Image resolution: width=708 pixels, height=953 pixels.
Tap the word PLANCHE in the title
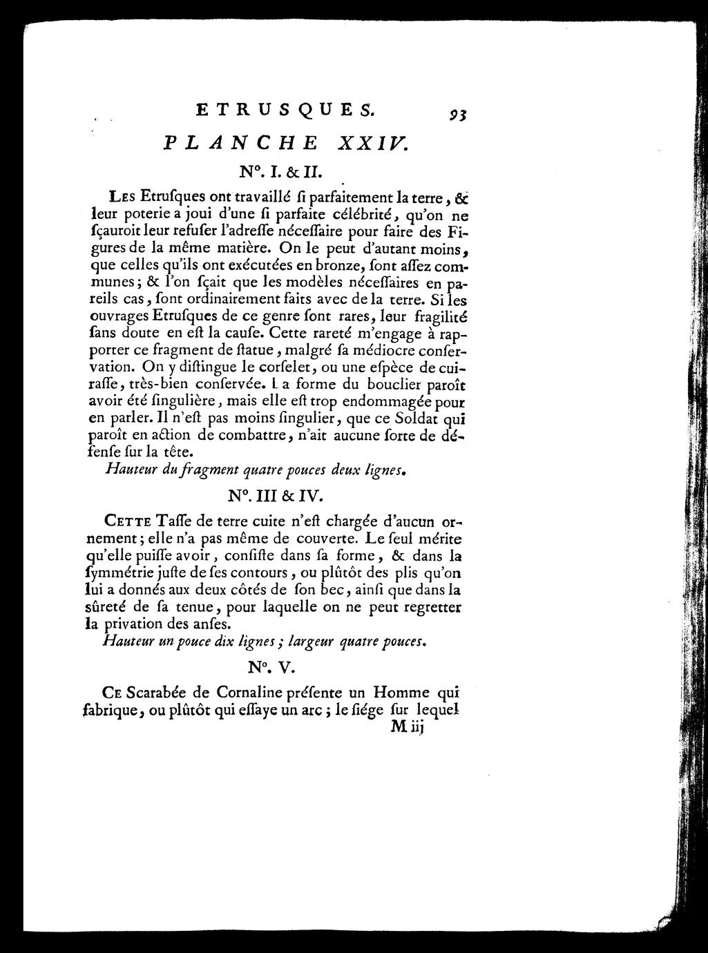pos(240,143)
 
